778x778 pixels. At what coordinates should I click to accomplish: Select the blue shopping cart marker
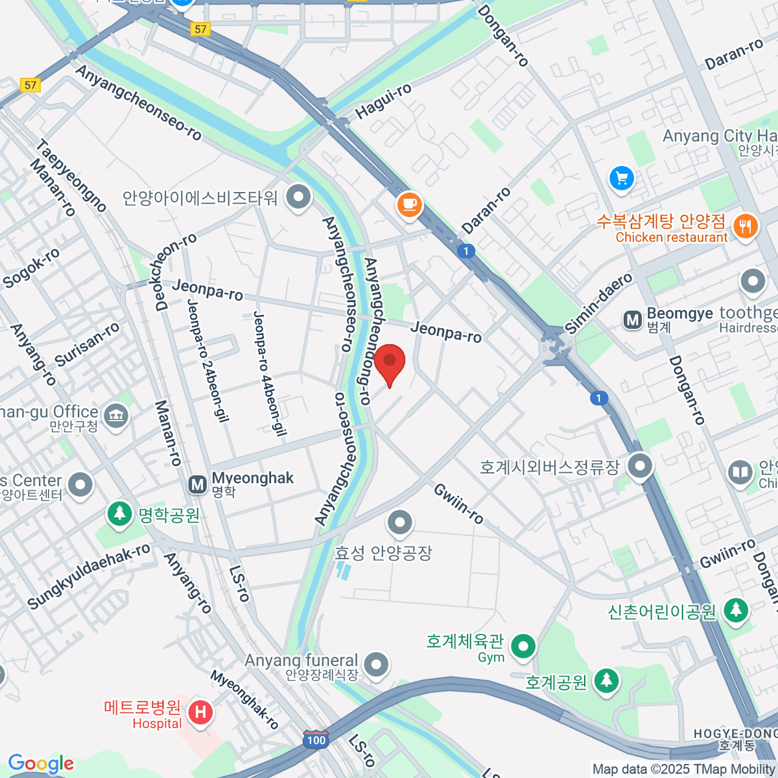[x=622, y=178]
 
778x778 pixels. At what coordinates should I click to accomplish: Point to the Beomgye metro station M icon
[x=632, y=320]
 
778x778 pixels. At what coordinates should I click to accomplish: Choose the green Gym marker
[x=523, y=646]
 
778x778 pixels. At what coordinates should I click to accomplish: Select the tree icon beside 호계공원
[x=606, y=681]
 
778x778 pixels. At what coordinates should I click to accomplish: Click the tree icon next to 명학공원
[x=119, y=513]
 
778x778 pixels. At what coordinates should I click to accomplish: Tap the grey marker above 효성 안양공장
[x=400, y=522]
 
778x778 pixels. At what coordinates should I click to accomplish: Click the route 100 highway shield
[x=316, y=740]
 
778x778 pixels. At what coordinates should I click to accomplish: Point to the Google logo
[x=41, y=764]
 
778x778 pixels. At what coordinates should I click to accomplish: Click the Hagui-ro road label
[x=383, y=102]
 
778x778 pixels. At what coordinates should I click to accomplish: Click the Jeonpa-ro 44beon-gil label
[x=269, y=373]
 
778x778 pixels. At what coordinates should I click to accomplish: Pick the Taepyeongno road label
[x=71, y=176]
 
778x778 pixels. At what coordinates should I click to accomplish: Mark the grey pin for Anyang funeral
[x=376, y=665]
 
